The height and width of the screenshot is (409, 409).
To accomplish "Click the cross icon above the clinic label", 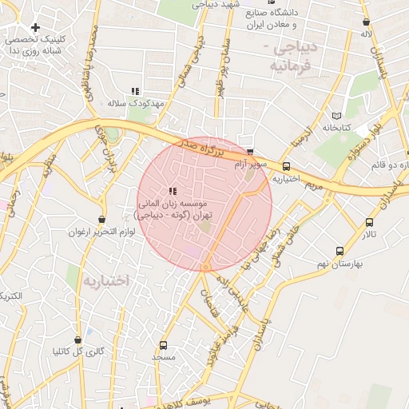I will pyautogui.click(x=36, y=27).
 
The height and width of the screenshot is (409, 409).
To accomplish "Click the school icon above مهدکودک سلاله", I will pyautogui.click(x=135, y=91).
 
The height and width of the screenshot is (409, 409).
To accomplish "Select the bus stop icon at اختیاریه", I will pyautogui.click(x=286, y=167).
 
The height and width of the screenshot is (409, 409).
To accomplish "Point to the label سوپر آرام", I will pyautogui.click(x=252, y=164).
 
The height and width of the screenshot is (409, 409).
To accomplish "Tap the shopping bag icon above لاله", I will pyautogui.click(x=366, y=22).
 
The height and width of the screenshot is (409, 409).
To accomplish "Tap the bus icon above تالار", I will pyautogui.click(x=368, y=222).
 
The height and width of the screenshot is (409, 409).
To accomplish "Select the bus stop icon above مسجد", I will pyautogui.click(x=164, y=346).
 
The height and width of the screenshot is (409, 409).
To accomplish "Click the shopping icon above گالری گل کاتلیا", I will pyautogui.click(x=77, y=340).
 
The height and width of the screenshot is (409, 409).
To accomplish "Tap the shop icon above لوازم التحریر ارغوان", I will pyautogui.click(x=101, y=219).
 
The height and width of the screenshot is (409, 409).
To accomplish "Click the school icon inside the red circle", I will pyautogui.click(x=173, y=191).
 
